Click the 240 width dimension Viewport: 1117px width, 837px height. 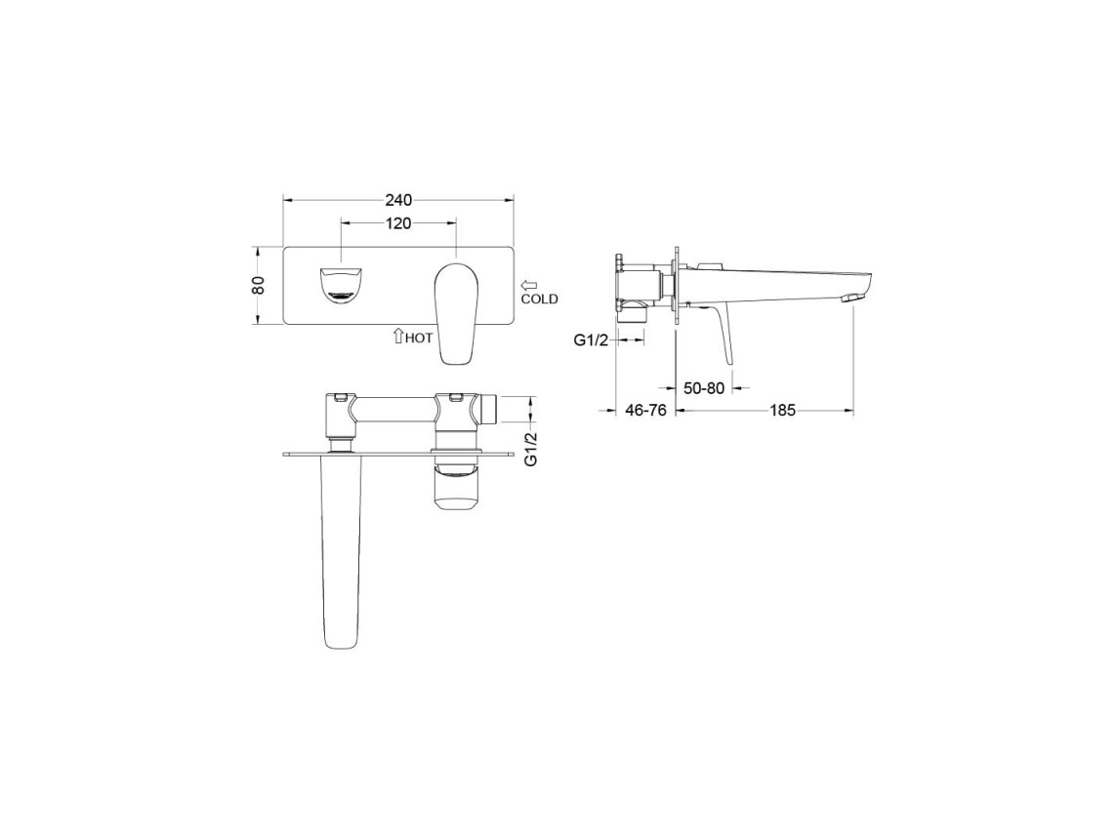click(x=398, y=201)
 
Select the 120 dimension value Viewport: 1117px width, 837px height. click(x=398, y=223)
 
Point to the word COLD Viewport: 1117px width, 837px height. click(x=539, y=299)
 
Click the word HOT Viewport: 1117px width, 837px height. click(x=419, y=339)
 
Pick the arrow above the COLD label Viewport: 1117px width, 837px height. click(x=530, y=286)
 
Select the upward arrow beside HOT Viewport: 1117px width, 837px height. click(x=398, y=336)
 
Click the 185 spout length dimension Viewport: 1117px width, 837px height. click(x=782, y=410)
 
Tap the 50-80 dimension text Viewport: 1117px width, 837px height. click(x=704, y=388)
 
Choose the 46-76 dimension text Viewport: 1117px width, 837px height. click(x=645, y=410)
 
